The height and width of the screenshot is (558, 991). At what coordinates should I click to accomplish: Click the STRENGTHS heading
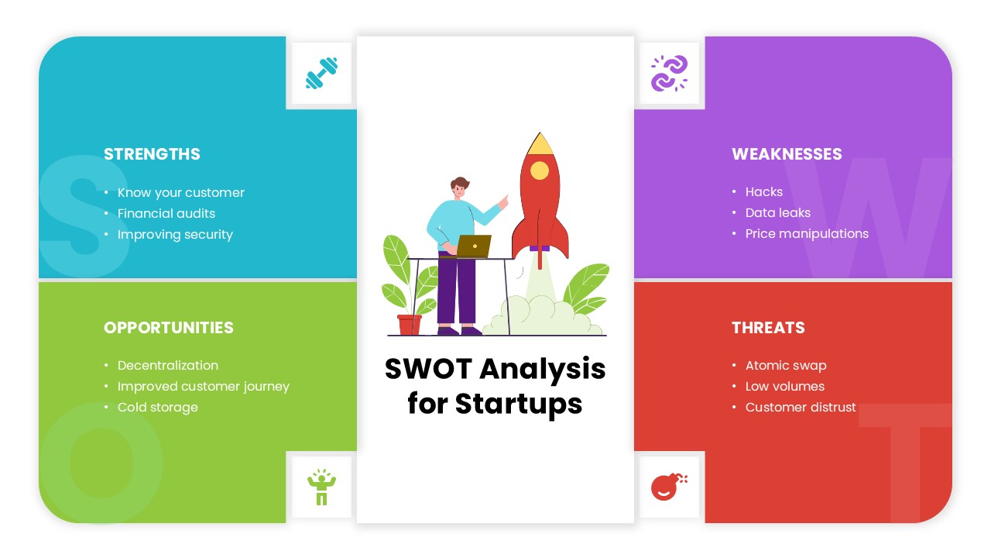tap(152, 154)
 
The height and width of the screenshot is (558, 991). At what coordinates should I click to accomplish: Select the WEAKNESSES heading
tap(787, 154)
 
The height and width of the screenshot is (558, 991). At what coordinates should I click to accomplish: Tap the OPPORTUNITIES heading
tap(168, 328)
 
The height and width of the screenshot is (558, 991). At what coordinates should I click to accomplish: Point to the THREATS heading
tap(768, 328)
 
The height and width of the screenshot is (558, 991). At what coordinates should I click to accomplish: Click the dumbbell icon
tap(321, 74)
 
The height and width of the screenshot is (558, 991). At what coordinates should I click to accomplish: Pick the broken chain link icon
tap(669, 74)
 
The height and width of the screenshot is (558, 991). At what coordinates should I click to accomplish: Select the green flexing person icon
tap(321, 487)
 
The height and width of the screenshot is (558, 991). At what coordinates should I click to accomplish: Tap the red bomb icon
tap(668, 487)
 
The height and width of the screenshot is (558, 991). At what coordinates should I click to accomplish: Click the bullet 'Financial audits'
tap(166, 214)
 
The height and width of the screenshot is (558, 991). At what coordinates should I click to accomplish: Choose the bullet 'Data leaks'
tap(777, 213)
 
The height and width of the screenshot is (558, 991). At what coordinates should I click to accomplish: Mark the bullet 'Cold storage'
tap(157, 408)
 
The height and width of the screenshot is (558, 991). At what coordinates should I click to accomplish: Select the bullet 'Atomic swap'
tap(785, 366)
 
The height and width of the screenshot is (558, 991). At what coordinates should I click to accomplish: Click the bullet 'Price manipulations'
tap(807, 234)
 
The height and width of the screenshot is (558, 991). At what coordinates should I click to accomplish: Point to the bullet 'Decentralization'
tap(167, 366)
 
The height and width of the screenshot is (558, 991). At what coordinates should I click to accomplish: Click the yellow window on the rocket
tap(540, 170)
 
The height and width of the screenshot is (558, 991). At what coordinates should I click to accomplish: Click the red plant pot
tap(409, 325)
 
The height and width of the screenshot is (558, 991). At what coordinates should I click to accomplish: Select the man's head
tap(460, 188)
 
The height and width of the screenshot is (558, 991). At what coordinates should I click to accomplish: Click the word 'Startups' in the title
tap(518, 404)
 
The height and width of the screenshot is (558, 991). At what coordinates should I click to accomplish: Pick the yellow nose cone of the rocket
tap(540, 143)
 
